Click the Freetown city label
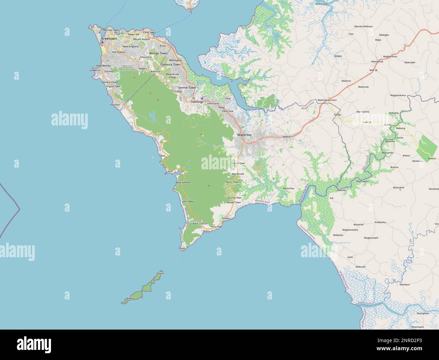pyautogui.click(x=109, y=39)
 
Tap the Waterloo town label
pyautogui.click(x=244, y=135)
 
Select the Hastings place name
pyautogui.click(x=197, y=101)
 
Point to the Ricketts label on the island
pyautogui.click(x=131, y=298)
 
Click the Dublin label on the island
pyautogui.click(x=160, y=273)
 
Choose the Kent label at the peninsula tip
pyautogui.click(x=183, y=248)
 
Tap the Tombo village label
pyautogui.click(x=225, y=218)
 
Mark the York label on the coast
pyautogui.click(x=170, y=172)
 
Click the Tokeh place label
pyautogui.click(x=162, y=156)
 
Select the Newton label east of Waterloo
pyautogui.click(x=287, y=137)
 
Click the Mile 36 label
pyautogui.click(x=373, y=70)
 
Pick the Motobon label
pyautogui.click(x=405, y=285)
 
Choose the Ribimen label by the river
pyautogui.click(x=342, y=191)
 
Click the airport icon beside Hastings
pyautogui.click(x=202, y=98)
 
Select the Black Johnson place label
pyautogui.click(x=183, y=183)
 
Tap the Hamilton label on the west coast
pyautogui.click(x=115, y=105)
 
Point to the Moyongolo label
pyautogui.click(x=417, y=327)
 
